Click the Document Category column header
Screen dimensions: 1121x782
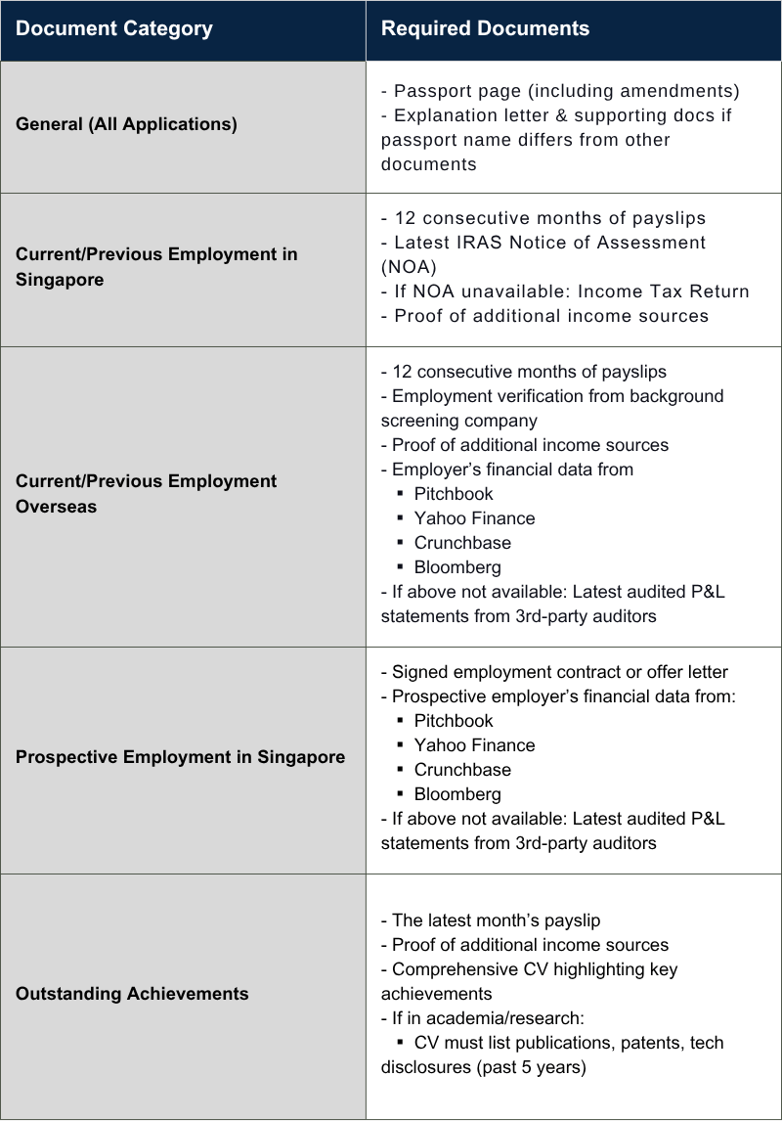pos(113,29)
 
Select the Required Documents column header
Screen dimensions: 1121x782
pos(485,29)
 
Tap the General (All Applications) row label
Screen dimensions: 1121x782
pos(126,125)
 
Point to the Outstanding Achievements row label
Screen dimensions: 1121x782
pos(132,994)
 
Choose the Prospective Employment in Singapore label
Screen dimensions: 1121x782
pos(180,757)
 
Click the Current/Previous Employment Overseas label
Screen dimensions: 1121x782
pos(146,494)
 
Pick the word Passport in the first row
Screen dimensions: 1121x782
pos(431,91)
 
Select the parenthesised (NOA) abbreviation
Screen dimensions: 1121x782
pos(409,267)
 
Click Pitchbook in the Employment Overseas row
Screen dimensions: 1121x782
pos(453,494)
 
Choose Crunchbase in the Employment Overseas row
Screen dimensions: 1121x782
pos(461,543)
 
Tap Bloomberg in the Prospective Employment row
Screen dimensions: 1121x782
pos(456,794)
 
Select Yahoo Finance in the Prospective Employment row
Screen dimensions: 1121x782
pos(474,745)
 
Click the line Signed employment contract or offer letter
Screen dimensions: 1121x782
pos(559,672)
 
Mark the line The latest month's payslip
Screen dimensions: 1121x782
pos(496,920)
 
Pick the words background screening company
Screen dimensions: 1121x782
pos(552,408)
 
